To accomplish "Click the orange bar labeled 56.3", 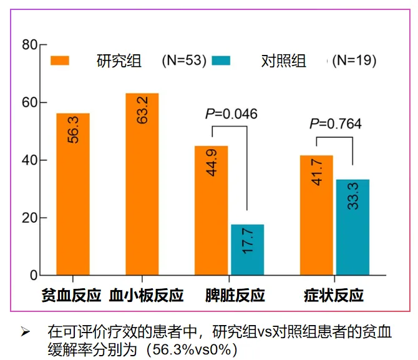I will [73, 194].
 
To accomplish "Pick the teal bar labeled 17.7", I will [248, 250].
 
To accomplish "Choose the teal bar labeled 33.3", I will [352, 227].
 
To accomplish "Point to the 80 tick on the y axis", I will [30, 45].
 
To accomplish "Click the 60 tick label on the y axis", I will [30, 102].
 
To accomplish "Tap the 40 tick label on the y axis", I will [30, 160].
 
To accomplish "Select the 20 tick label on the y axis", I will [30, 218].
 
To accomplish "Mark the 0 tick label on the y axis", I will [34, 275].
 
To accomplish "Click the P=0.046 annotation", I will [231, 114].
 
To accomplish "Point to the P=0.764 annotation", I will [335, 124].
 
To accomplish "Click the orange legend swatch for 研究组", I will [61, 61].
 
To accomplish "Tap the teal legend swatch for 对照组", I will [221, 61].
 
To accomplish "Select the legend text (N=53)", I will [183, 61].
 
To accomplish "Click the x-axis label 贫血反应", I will [71, 295].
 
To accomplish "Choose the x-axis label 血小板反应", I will [146, 295].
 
